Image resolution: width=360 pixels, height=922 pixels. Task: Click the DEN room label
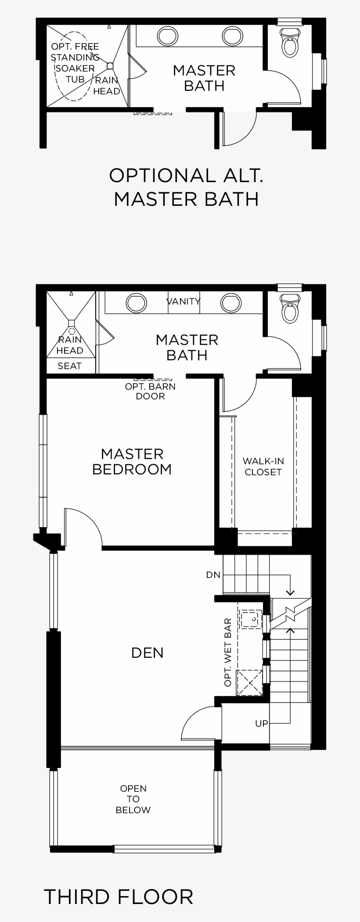147,653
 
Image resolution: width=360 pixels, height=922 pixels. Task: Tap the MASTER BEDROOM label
132,461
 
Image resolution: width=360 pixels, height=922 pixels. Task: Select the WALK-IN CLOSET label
263,466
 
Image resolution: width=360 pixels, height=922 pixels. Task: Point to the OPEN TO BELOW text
133,799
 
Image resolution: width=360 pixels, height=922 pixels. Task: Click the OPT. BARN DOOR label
150,391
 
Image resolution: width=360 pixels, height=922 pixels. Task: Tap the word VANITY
184,301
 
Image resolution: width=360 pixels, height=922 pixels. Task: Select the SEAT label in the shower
69,366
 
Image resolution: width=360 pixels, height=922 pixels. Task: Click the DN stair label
213,574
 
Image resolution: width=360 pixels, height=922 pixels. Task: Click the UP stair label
261,723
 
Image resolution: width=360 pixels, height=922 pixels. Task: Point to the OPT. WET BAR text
227,653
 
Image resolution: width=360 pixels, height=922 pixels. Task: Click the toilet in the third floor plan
290,308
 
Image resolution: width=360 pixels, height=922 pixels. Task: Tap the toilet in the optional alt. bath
290,42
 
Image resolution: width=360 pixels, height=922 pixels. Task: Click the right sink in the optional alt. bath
231,35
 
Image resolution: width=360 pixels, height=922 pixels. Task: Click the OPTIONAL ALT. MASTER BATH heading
186,187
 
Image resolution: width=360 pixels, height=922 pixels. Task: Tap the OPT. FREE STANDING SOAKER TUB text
75,63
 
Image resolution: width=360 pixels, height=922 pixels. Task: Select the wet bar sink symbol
250,619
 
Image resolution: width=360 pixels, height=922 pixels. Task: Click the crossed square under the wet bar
249,682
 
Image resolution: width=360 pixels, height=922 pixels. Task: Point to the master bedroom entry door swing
83,528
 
